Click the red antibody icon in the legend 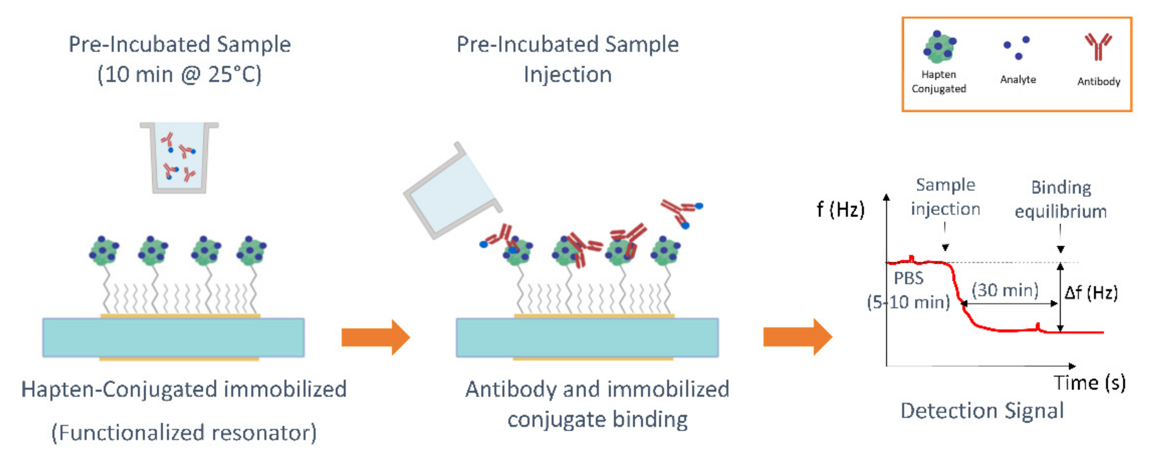(x=1098, y=46)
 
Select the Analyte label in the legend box (x=1018, y=80)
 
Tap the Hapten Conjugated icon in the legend (x=939, y=47)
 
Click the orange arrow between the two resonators (x=375, y=337)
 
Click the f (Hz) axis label (x=840, y=209)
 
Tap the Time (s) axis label (x=1089, y=383)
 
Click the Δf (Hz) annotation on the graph (x=1091, y=293)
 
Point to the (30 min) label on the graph (x=1005, y=290)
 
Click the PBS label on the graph (x=908, y=278)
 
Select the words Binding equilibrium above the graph (x=1060, y=199)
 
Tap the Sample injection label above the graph (x=945, y=197)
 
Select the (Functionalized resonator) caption (x=184, y=433)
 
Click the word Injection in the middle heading (x=568, y=74)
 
